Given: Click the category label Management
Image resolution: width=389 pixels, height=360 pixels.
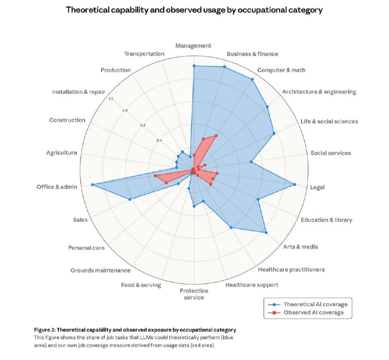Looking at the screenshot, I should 194,45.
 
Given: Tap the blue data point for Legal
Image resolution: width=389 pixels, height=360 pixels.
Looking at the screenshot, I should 295,184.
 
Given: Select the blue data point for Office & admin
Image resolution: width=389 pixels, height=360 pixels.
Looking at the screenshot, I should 92,185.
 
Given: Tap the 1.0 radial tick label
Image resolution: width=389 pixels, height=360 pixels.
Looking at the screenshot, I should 111,99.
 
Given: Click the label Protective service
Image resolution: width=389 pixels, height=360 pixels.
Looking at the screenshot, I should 194,294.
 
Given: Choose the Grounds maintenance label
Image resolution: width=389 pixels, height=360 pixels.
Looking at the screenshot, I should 100,270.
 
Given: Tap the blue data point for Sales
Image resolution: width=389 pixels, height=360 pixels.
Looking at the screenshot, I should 129,199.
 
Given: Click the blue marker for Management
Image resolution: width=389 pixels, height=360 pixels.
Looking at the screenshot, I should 194,66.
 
